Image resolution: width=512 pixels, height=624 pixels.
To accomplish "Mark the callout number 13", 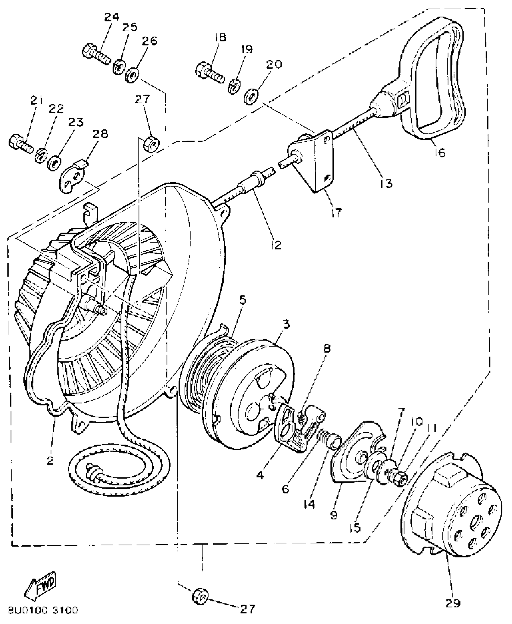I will [x=386, y=183].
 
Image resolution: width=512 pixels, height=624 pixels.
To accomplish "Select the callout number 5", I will [x=243, y=300].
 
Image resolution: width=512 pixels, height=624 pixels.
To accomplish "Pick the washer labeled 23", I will [x=55, y=163].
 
